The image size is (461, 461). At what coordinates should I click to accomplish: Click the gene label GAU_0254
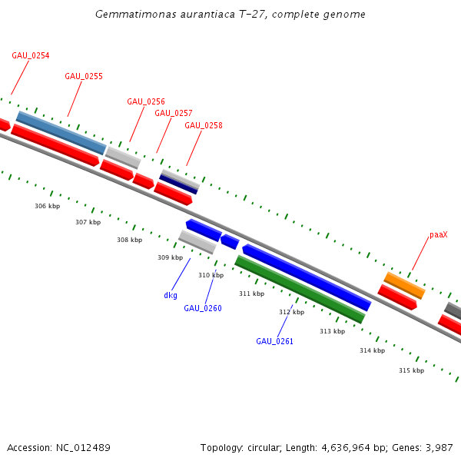pos(31,56)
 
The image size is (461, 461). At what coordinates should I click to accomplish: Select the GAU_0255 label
pos(84,77)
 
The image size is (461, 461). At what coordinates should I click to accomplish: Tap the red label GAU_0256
pos(146,102)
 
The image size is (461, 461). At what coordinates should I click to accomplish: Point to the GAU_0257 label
pos(174,114)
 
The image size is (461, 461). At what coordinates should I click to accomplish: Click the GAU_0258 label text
pos(204,126)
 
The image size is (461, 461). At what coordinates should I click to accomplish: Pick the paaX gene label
pos(438,235)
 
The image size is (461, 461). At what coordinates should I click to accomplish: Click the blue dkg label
pos(171,296)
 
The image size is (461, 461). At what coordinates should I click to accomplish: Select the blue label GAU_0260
pos(203,309)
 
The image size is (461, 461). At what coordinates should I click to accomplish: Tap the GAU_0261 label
pos(275,341)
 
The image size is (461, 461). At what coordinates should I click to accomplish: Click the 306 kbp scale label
pos(47,207)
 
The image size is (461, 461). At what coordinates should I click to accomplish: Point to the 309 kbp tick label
pos(170,258)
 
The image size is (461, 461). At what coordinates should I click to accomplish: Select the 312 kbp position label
pos(291,313)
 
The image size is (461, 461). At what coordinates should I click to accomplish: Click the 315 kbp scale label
pos(411,371)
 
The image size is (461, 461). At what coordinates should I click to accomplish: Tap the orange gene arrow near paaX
pos(405,285)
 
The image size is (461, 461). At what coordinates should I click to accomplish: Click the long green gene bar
pos(300,290)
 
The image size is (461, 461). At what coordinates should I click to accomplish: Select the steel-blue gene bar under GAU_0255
pos(61,132)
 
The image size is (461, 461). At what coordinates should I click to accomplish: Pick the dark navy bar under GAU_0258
pos(178,185)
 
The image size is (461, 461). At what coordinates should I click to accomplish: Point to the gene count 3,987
pos(438,448)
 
